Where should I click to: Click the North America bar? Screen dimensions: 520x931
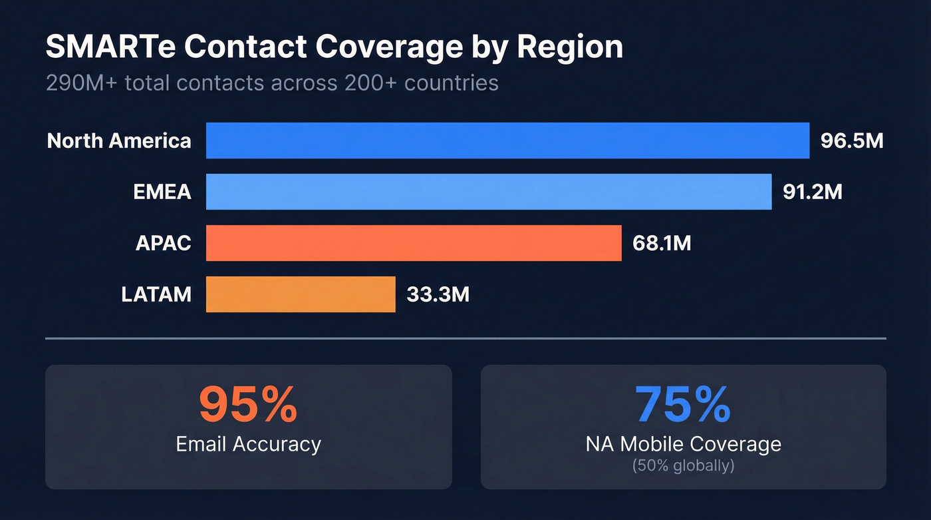[x=507, y=140]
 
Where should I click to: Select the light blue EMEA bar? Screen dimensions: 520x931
[x=489, y=192]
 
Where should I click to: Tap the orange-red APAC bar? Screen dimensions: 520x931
[x=414, y=243]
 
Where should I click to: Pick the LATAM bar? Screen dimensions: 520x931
[x=301, y=294]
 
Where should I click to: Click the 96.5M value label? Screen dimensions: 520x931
[x=852, y=141]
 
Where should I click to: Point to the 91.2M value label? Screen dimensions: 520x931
[x=813, y=192]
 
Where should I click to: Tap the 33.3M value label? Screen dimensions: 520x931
[x=438, y=294]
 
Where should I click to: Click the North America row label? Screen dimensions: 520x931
[x=119, y=141]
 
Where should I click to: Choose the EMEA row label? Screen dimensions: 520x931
[x=162, y=192]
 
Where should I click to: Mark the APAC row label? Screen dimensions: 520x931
[x=163, y=244]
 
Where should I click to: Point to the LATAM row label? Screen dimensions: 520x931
[x=156, y=294]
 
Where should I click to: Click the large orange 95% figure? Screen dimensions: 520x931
[x=248, y=405]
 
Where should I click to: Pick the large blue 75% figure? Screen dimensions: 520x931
[x=683, y=405]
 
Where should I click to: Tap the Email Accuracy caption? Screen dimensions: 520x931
[x=248, y=444]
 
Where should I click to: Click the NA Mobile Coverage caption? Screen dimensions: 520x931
[x=683, y=444]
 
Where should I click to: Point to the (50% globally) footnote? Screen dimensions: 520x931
[x=683, y=465]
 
